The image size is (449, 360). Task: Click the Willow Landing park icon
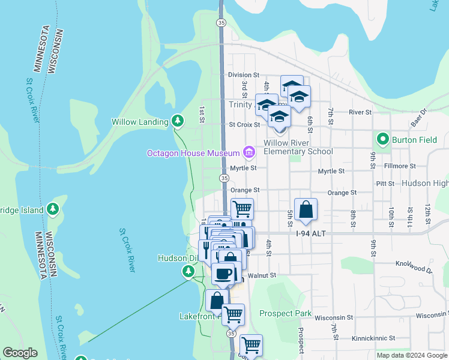pos(177,121)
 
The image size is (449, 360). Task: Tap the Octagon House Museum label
pos(193,154)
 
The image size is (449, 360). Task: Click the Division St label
pos(243,75)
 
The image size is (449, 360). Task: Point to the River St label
pos(360,112)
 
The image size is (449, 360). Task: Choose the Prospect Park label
pos(285,313)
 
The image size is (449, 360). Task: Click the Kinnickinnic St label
pos(375,338)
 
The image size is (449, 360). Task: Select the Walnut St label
pos(262,275)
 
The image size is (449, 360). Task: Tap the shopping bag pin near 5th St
pos(306,209)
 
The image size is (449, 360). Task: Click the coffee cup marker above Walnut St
pos(223,274)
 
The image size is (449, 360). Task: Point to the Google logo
pos(20,353)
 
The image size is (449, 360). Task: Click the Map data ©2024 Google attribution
pos(411,355)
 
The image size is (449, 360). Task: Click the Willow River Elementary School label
pos(298,147)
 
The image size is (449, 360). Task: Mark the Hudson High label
pos(424,183)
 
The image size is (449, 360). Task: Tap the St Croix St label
pos(244,125)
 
